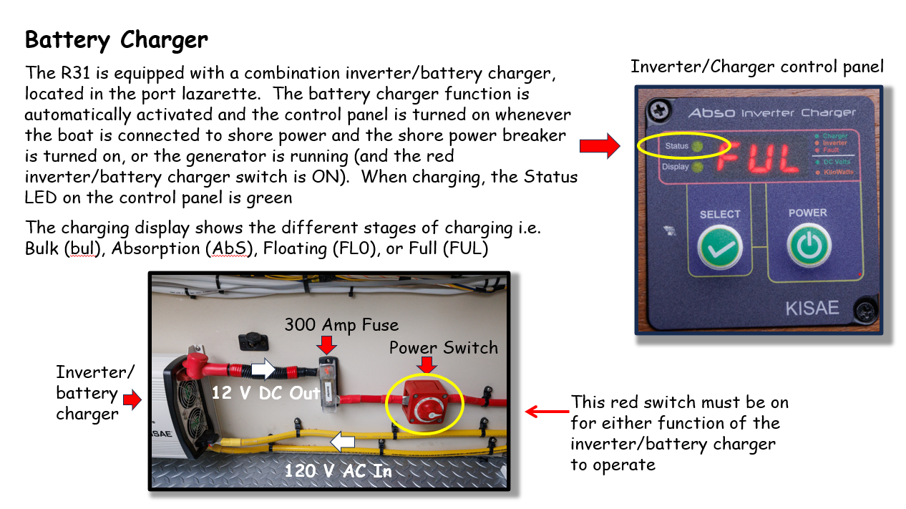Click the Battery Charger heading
(x=117, y=39)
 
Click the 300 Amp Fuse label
(x=341, y=325)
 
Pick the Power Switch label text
(x=444, y=348)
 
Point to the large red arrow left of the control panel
(x=600, y=146)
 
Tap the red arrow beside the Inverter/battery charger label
(x=132, y=399)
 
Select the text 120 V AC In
(x=338, y=470)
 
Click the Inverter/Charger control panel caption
(x=757, y=67)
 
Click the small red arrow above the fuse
(x=327, y=346)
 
